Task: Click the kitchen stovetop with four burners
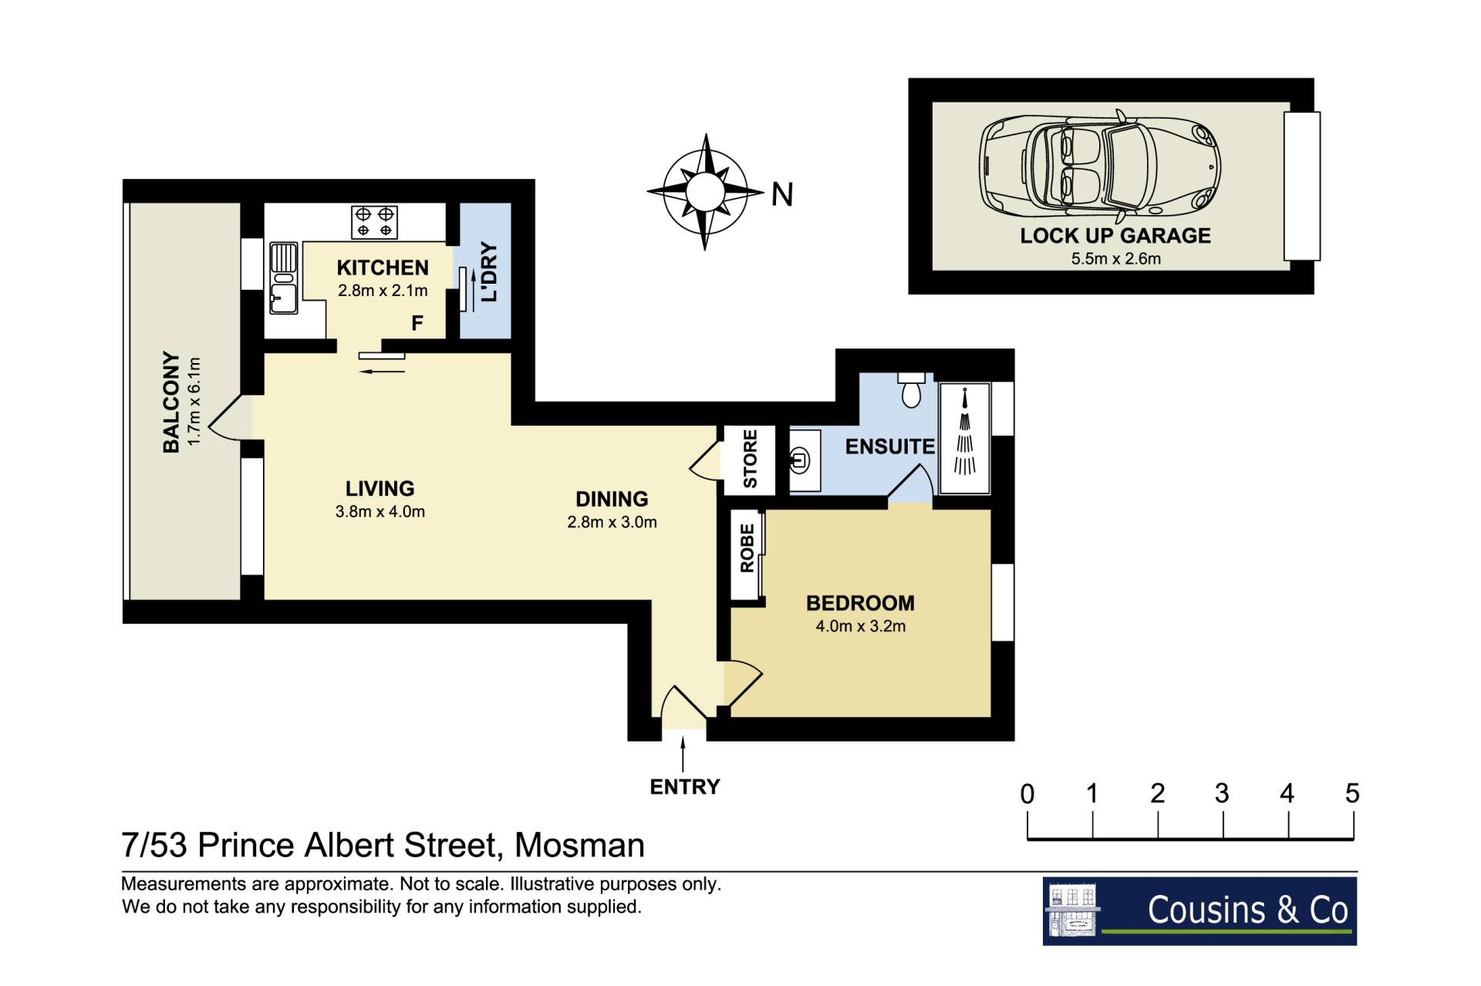tap(375, 222)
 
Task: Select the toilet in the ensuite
tap(911, 390)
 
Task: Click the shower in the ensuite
tap(964, 437)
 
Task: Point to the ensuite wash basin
tap(801, 461)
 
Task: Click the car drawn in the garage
tap(1100, 167)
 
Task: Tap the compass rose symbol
tap(704, 191)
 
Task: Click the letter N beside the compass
tap(782, 194)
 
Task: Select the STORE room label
tap(750, 459)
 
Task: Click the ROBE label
tap(747, 548)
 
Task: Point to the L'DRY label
tap(489, 272)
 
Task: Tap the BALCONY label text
tap(171, 402)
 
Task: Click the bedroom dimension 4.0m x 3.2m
tap(861, 626)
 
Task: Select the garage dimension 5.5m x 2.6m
tap(1115, 258)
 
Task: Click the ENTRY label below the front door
tap(685, 787)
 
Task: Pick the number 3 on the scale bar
tap(1222, 793)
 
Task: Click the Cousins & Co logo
tap(1199, 911)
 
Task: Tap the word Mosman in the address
tap(579, 845)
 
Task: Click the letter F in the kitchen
tap(417, 323)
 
